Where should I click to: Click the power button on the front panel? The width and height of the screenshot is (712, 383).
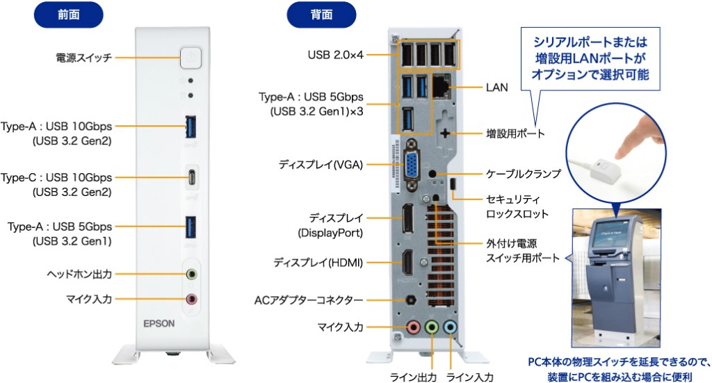click(x=190, y=58)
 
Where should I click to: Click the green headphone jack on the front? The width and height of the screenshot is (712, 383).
click(x=191, y=274)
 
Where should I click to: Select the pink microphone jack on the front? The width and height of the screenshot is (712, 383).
click(x=191, y=299)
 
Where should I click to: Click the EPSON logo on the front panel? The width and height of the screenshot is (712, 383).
click(x=159, y=323)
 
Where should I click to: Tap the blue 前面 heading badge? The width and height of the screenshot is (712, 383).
click(x=69, y=14)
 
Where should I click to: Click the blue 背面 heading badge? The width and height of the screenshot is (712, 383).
click(x=321, y=14)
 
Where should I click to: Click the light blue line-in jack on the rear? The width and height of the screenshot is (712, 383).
click(x=451, y=327)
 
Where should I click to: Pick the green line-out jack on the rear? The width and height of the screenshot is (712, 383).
click(x=432, y=327)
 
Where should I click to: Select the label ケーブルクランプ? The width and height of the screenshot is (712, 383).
click(x=524, y=174)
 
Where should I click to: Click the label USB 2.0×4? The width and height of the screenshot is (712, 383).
click(x=335, y=55)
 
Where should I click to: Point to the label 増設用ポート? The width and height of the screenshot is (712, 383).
click(x=515, y=133)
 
